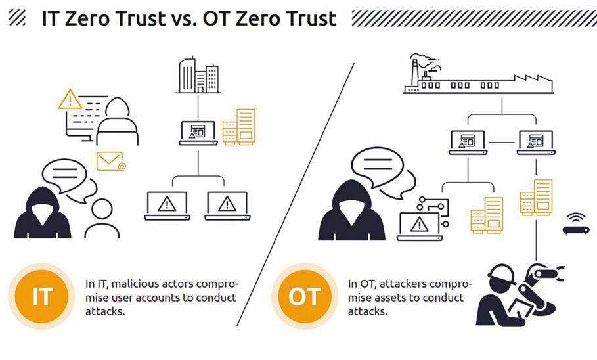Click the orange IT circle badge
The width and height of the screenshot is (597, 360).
coord(41,296)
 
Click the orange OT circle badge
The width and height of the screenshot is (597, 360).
coord(305,296)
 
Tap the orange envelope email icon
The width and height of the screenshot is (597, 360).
coord(111,161)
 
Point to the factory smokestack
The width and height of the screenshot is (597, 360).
coord(414,72)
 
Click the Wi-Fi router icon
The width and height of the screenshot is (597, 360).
coord(576,223)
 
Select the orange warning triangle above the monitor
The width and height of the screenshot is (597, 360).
coord(70,99)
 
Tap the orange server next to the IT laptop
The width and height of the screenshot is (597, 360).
coord(239,127)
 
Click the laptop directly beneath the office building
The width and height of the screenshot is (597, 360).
coord(198,133)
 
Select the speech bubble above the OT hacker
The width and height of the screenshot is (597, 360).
coord(378,167)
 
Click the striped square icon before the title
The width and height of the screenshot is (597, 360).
coord(17,18)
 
